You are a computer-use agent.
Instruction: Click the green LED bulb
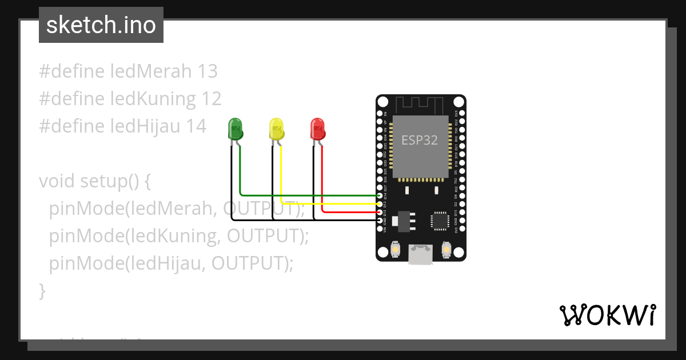pos(235,129)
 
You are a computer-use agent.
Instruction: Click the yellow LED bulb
pos(276,129)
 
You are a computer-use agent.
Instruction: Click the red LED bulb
pos(317,129)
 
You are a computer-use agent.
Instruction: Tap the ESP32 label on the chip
pos(420,140)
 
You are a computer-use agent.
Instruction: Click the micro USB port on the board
pos(420,255)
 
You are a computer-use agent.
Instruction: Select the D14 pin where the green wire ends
pos(380,195)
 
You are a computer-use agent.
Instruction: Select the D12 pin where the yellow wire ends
pos(380,204)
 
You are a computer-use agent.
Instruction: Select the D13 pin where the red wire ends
pos(380,212)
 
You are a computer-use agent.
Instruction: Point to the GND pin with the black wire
pos(380,220)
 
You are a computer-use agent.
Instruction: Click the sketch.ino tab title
pos(101,26)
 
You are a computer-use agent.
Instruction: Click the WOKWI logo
pos(607,315)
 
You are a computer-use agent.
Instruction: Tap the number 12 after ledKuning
pos(211,99)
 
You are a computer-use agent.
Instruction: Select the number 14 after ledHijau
pos(196,126)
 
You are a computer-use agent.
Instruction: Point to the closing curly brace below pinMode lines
pos(42,291)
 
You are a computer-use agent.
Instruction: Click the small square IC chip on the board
pos(440,221)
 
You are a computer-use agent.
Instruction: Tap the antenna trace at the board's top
pos(420,105)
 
